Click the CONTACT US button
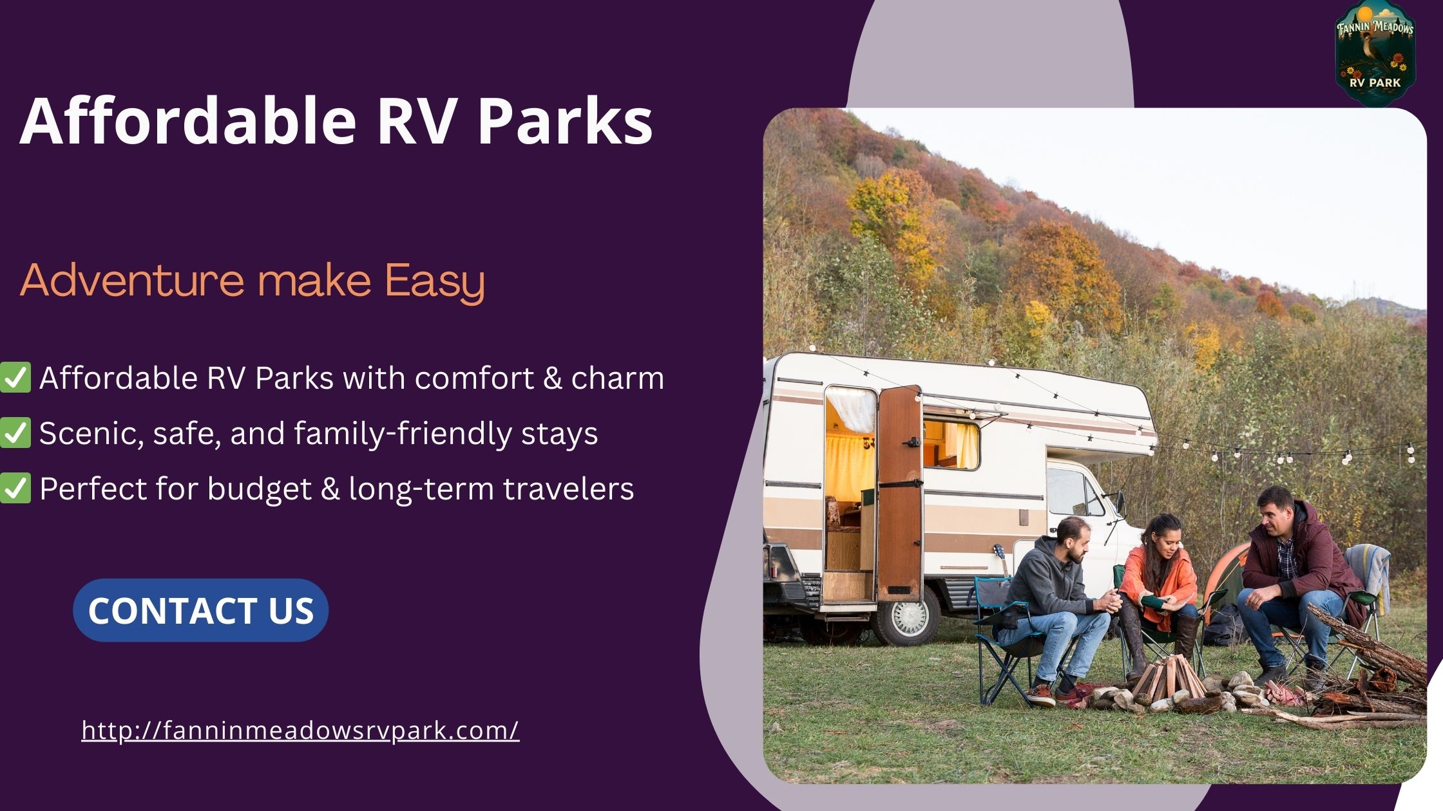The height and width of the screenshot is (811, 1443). click(200, 610)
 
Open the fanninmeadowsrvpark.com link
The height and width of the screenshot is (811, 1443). click(300, 731)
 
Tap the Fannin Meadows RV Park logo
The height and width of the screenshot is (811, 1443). click(1375, 53)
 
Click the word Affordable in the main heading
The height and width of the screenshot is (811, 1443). click(187, 121)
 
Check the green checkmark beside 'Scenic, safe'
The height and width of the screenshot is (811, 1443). click(15, 433)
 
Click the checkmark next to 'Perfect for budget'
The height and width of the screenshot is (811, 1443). click(15, 489)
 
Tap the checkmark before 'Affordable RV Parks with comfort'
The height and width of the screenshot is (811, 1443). click(15, 378)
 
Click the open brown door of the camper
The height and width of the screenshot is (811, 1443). click(899, 492)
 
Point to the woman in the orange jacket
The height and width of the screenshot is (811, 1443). click(1160, 579)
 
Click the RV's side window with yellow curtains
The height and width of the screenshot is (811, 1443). click(951, 444)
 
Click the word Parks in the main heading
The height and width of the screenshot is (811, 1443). click(564, 121)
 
